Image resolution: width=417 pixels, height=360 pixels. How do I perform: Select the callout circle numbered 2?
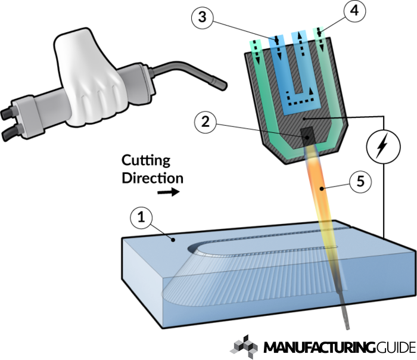[x=204, y=123]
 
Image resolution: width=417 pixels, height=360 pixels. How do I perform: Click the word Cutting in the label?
[x=146, y=161]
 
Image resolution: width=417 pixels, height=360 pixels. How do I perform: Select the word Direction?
[x=153, y=177]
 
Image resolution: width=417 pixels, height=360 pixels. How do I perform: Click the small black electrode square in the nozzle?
[x=308, y=135]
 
